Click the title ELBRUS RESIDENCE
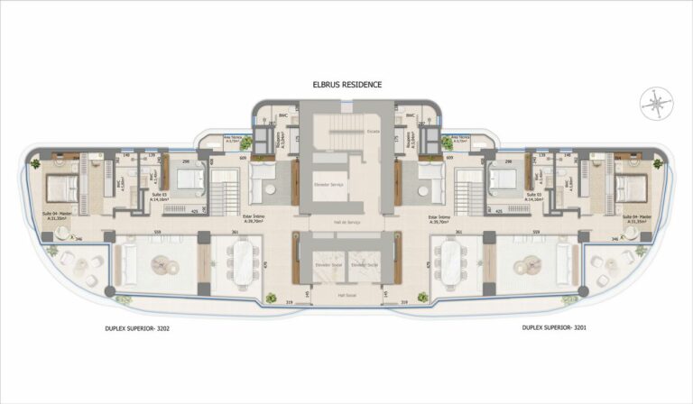point(346,85)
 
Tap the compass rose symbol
point(651,102)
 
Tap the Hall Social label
point(346,295)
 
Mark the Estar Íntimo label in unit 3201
point(433,217)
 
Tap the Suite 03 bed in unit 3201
point(503,179)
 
